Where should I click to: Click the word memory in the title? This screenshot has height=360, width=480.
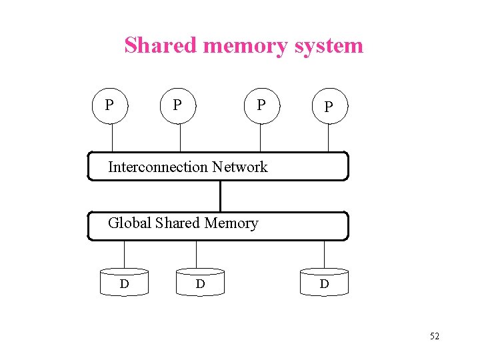(x=245, y=45)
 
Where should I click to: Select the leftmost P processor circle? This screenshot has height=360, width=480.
(x=110, y=105)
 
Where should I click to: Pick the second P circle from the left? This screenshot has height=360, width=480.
(x=178, y=105)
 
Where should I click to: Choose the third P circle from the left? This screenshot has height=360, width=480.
(x=261, y=105)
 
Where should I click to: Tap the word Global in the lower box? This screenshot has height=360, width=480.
(x=129, y=223)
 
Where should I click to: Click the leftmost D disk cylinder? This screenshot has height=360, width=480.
(x=125, y=283)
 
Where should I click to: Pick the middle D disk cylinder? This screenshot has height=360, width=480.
(x=200, y=283)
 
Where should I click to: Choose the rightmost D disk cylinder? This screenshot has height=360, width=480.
(x=324, y=283)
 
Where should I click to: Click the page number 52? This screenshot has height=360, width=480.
(x=434, y=336)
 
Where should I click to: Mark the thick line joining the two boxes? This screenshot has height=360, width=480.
(x=220, y=196)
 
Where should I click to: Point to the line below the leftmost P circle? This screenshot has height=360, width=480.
(x=112, y=138)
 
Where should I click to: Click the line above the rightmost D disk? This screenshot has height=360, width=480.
(x=324, y=254)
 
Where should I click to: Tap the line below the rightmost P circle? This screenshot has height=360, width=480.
(x=328, y=139)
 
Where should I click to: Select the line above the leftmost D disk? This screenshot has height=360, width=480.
(x=125, y=254)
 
